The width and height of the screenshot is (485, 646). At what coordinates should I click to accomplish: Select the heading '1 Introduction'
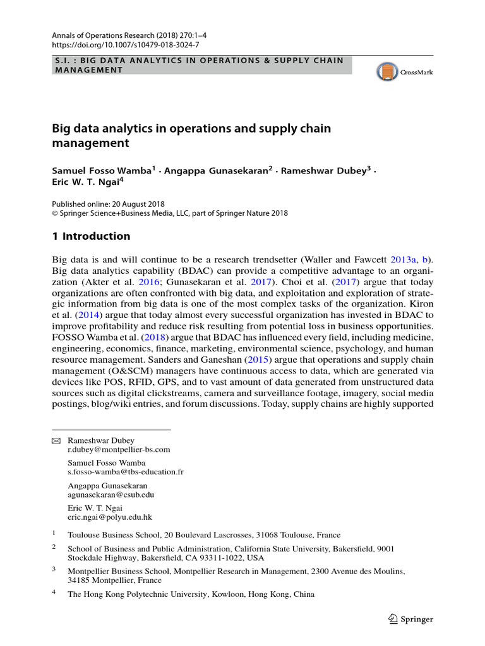pos(91,237)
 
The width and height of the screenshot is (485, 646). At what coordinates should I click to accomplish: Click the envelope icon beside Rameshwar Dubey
pos(56,440)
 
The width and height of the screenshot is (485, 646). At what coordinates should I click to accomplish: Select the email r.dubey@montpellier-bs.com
pos(119,450)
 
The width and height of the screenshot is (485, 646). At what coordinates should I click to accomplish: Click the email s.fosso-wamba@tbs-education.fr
pos(126,472)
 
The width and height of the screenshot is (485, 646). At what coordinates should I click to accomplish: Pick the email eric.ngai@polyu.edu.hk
pos(110,517)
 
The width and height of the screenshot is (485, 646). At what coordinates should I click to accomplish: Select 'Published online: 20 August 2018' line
pos(108,204)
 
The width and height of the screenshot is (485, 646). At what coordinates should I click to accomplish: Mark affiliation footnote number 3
pos(54,568)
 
